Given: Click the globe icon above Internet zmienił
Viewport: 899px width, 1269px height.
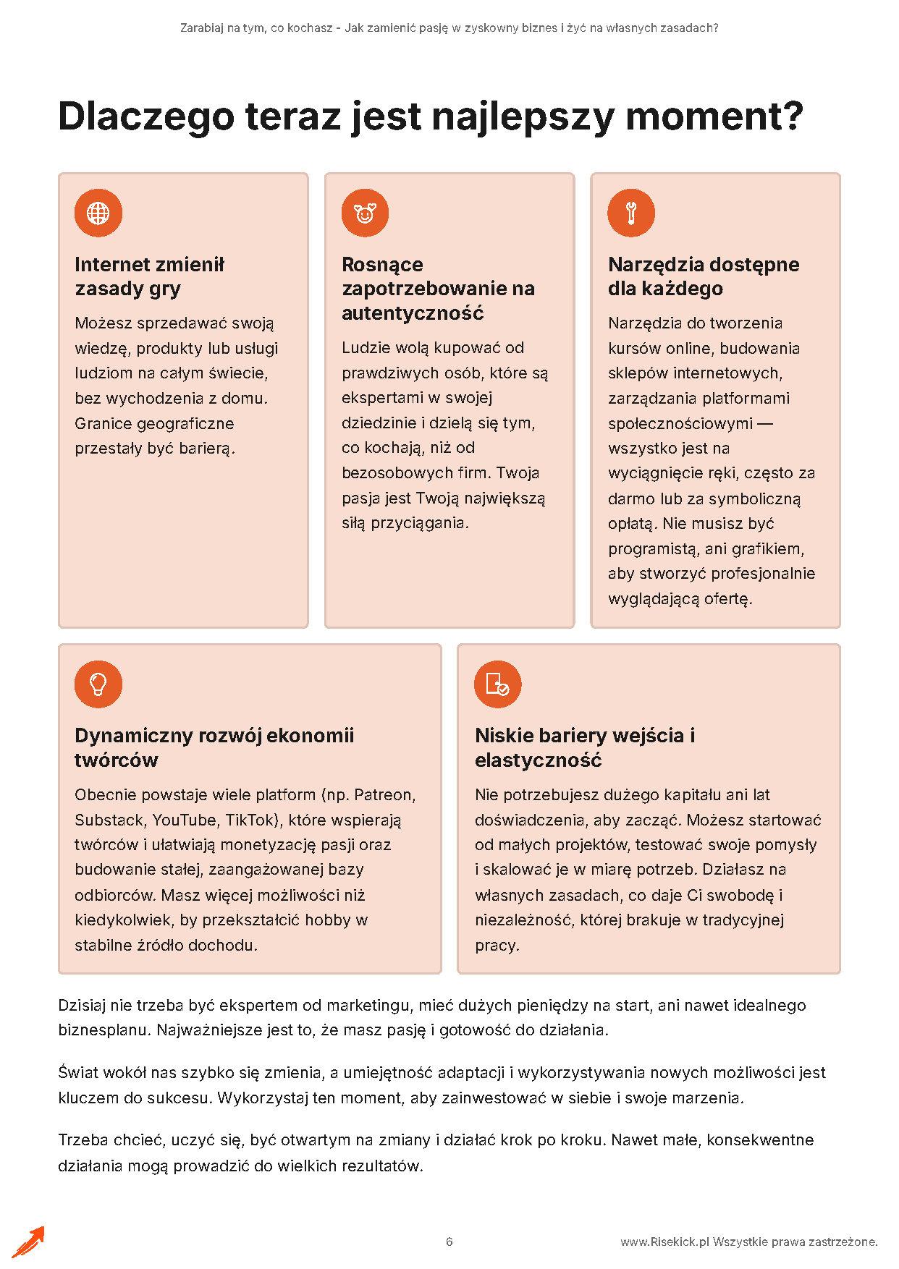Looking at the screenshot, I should [x=98, y=213].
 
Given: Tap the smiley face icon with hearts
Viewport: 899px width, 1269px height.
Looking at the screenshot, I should [x=365, y=213].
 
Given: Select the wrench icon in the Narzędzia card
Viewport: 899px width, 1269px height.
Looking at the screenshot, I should [x=631, y=213].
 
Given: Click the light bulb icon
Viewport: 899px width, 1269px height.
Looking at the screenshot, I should [x=98, y=684].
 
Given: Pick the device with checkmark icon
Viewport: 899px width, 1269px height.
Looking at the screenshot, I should [x=498, y=684].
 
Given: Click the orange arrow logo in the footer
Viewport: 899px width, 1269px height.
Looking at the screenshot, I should [x=28, y=1242].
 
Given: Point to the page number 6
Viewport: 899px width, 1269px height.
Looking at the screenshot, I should [x=449, y=1242].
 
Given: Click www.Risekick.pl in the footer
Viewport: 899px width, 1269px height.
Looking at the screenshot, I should [x=664, y=1242].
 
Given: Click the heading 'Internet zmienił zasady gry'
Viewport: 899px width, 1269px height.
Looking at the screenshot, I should [x=150, y=276].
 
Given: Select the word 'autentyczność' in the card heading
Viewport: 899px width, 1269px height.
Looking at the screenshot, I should [x=413, y=313].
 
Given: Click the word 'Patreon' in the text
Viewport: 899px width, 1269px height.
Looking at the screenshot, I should [x=384, y=794].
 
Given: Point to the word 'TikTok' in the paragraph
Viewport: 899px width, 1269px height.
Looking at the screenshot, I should [x=251, y=820].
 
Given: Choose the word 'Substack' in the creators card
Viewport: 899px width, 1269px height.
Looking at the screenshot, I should [x=109, y=820].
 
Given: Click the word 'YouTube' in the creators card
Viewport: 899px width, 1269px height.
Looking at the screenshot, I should [x=185, y=820].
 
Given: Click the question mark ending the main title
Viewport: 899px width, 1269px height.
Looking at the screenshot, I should [x=792, y=116].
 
